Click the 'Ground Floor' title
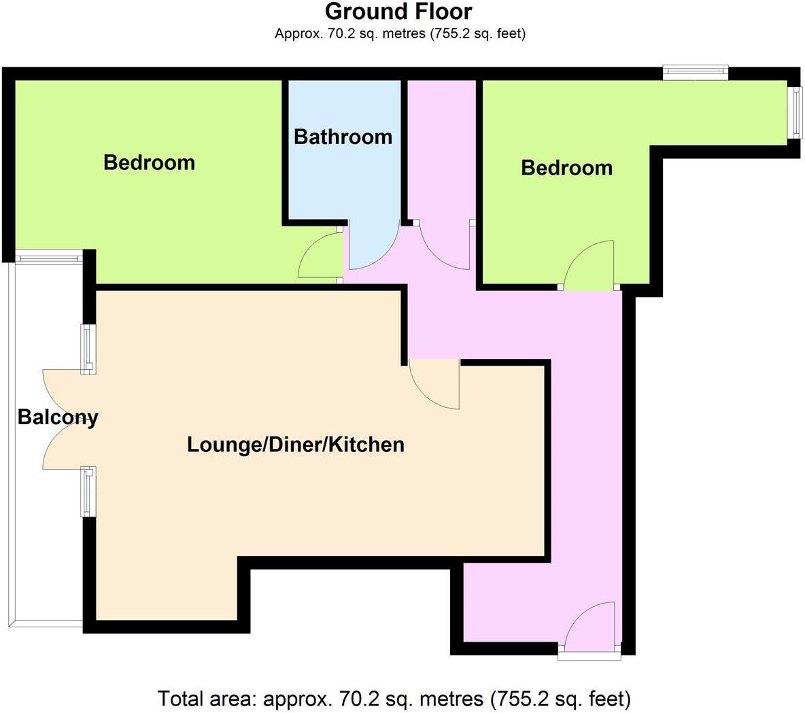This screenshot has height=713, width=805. (398, 12)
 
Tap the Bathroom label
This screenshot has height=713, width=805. (343, 137)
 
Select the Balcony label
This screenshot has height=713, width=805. (58, 417)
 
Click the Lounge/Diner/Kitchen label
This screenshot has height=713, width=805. (296, 445)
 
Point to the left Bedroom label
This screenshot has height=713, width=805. (149, 162)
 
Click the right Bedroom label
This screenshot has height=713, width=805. (566, 168)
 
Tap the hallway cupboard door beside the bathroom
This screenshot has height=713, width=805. (443, 245)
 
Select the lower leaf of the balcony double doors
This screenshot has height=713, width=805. (65, 445)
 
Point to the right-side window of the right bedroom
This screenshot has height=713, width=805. (793, 112)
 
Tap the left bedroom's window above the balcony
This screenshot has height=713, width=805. (50, 258)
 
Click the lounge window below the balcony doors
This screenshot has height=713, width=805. (88, 491)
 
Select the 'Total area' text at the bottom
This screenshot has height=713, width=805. (394, 698)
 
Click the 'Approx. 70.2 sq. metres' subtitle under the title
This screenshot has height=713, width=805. (400, 33)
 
